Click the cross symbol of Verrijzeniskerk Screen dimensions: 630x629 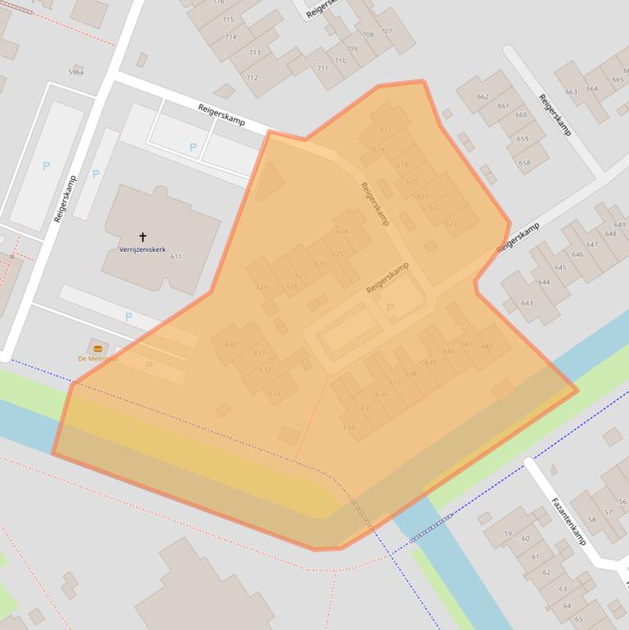coord(143,237)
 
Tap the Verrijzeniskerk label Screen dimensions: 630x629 coord(143,249)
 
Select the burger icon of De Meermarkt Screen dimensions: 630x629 coord(98,349)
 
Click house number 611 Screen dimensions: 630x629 coord(176,257)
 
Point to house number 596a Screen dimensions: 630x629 coord(76,72)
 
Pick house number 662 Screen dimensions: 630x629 coord(483,97)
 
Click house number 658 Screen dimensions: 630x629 coord(524,163)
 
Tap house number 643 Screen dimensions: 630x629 coord(527,304)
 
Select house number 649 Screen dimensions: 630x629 coord(619,225)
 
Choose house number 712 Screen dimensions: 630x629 coord(252,79)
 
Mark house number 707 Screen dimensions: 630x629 coord(386,31)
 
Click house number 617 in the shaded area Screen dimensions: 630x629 coord(386,129)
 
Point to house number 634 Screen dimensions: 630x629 coord(349,427)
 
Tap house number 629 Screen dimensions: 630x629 coord(262,287)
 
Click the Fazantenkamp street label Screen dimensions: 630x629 coord(568,521)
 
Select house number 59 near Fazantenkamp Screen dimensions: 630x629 coord(507,533)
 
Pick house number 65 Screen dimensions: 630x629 coord(578,619)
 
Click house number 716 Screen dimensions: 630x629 coord(218,2)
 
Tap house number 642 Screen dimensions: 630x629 coord(487,346)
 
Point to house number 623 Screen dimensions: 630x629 coord(451,224)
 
